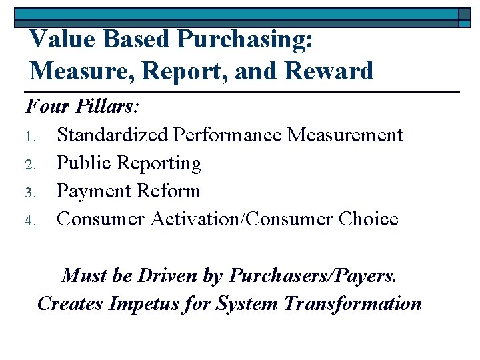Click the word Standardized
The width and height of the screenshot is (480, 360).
(113, 135)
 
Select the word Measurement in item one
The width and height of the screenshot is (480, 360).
(345, 135)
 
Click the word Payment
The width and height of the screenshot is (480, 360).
(94, 191)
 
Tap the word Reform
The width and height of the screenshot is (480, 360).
(169, 191)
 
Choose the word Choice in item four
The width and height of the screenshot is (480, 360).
(368, 219)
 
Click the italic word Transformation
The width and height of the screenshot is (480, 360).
(353, 303)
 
